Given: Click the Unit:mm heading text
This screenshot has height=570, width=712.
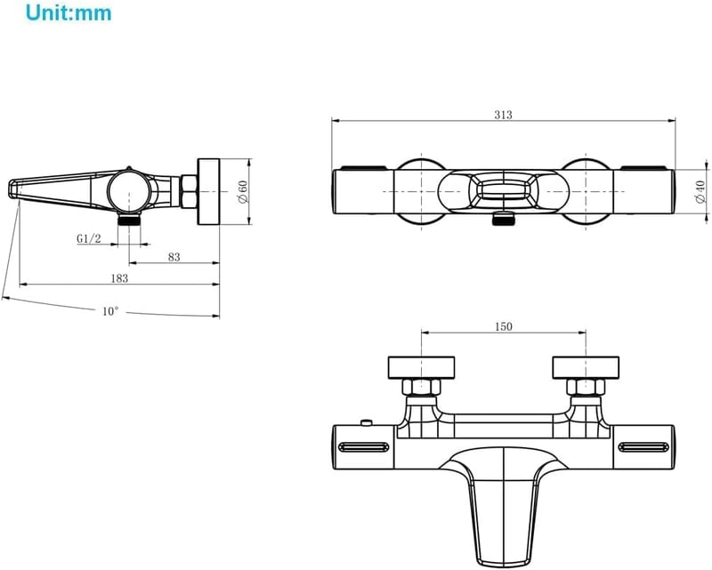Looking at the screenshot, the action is (x=69, y=12).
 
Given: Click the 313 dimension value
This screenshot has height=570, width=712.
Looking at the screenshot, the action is (x=503, y=115).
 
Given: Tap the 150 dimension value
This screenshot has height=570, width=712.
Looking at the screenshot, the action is (x=503, y=326).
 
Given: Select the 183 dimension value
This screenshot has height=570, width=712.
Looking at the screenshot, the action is (x=119, y=278).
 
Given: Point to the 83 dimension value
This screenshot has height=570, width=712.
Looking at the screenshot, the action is (x=174, y=257).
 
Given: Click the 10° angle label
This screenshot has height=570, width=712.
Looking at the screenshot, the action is (x=109, y=311).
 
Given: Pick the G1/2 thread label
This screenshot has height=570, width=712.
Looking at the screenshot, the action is (x=88, y=238).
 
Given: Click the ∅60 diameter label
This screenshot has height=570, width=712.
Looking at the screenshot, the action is (x=243, y=192).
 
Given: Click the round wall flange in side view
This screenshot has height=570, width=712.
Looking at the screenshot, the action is (x=208, y=191).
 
